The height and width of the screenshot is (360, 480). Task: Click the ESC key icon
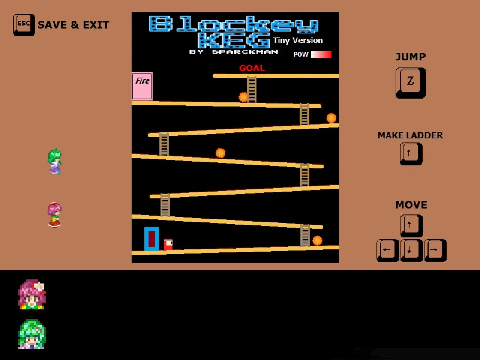point(24,25)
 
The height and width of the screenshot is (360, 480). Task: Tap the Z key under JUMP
point(410,83)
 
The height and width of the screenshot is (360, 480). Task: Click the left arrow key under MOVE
point(387,250)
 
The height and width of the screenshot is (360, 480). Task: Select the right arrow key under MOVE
point(435,250)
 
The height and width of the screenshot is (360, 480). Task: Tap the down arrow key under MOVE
point(411,250)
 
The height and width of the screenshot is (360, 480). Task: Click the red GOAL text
point(252,68)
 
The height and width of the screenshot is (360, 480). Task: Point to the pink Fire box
point(142,86)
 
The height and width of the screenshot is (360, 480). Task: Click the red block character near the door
point(168,244)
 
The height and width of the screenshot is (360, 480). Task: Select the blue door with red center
point(152,239)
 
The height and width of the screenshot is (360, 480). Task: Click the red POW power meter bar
point(321,54)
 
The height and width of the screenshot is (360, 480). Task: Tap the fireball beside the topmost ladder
point(243,97)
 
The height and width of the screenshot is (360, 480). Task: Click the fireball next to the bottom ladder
point(317,240)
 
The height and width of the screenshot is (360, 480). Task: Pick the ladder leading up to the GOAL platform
point(252,89)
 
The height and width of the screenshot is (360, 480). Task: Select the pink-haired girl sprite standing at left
point(54,215)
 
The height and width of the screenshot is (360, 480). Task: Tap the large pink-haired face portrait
point(32,294)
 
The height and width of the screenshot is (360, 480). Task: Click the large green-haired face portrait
point(32,334)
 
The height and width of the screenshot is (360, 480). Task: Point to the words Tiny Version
point(298,41)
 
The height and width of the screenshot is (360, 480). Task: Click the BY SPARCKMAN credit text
point(234,52)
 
